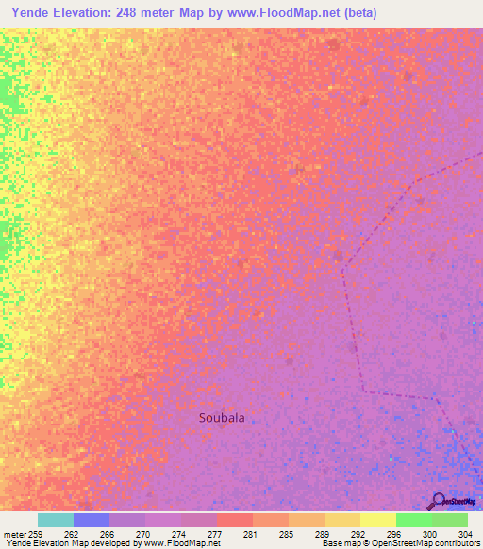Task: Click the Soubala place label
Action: (227, 417)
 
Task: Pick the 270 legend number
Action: (143, 534)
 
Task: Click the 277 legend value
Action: (215, 534)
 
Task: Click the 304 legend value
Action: (464, 534)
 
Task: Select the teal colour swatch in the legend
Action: (56, 520)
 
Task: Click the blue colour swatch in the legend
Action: (92, 520)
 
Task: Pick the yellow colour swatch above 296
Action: (378, 520)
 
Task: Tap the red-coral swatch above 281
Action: (235, 520)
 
